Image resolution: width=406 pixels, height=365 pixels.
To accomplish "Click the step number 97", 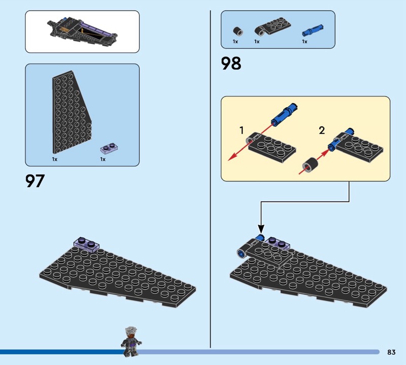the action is click(x=35, y=181).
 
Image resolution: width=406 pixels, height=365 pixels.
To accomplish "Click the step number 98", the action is click(x=231, y=64).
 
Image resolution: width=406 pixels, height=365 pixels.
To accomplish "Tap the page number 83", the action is click(x=391, y=352).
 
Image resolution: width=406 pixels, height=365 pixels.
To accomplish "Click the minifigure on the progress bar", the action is click(x=131, y=341).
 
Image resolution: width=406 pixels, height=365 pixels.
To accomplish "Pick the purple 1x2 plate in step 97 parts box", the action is click(x=109, y=148).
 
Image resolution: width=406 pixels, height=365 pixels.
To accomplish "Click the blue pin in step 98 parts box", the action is click(x=313, y=30).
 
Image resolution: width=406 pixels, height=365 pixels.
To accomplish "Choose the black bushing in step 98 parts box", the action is click(x=238, y=31).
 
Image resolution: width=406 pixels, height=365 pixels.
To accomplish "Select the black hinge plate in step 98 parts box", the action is click(x=273, y=26).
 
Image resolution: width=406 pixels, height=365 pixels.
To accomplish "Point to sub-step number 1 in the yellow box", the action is click(x=242, y=130).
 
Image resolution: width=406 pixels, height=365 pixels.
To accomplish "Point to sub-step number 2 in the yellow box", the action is click(x=322, y=130).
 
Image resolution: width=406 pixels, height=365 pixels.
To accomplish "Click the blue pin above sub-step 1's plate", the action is click(x=284, y=114).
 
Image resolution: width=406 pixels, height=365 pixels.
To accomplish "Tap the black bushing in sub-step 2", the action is click(x=310, y=165).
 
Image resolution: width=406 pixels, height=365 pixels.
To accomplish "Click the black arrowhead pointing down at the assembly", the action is click(x=261, y=229).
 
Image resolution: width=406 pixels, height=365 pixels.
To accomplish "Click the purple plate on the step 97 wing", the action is click(x=87, y=244).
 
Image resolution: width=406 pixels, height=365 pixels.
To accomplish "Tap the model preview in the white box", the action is click(x=82, y=32).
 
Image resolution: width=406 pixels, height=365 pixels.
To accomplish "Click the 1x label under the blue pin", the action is click(x=304, y=42).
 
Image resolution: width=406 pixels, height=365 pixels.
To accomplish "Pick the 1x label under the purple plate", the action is click(x=103, y=159).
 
